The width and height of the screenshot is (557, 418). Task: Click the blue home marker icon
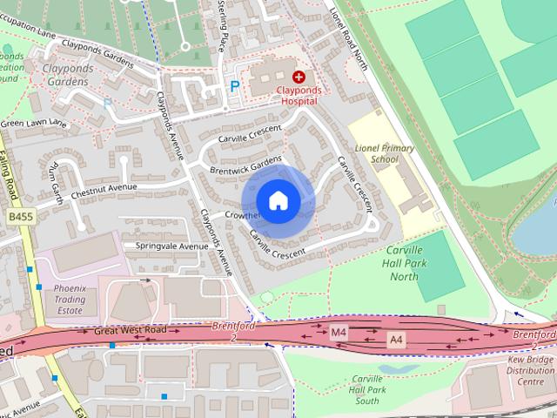(x=278, y=200)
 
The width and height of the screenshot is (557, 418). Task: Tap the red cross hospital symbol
(x=299, y=77)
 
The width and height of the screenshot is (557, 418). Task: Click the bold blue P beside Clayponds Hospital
(x=233, y=86)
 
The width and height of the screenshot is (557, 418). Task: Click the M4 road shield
(x=339, y=332)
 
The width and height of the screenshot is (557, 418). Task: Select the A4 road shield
(x=396, y=338)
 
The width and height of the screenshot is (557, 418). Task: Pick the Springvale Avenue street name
(x=171, y=246)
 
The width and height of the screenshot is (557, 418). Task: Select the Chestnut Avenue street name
(x=104, y=187)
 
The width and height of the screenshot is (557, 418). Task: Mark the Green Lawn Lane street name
(x=33, y=124)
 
